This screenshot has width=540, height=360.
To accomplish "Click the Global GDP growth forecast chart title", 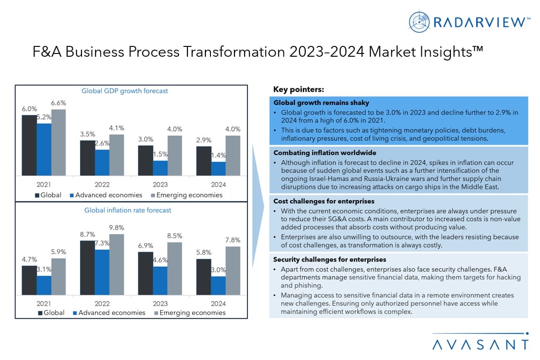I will click(125, 91).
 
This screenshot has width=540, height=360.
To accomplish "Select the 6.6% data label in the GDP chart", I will click(59, 103).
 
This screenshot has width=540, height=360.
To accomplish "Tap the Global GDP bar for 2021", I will click(29, 145).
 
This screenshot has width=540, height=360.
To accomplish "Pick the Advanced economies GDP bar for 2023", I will click(160, 168).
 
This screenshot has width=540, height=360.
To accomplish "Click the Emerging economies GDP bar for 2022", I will click(116, 155).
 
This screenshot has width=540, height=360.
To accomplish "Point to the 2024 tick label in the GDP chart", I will click(218, 185).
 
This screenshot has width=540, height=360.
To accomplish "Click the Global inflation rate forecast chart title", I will click(127, 210).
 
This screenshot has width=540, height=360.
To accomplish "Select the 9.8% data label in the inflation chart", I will click(117, 228).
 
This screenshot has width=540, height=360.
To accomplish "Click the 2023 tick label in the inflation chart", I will click(160, 303).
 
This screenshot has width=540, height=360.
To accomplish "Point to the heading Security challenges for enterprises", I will click(330, 259).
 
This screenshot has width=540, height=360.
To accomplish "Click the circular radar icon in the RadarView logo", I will click(419, 22).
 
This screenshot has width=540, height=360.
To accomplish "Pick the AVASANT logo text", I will click(480, 345).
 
